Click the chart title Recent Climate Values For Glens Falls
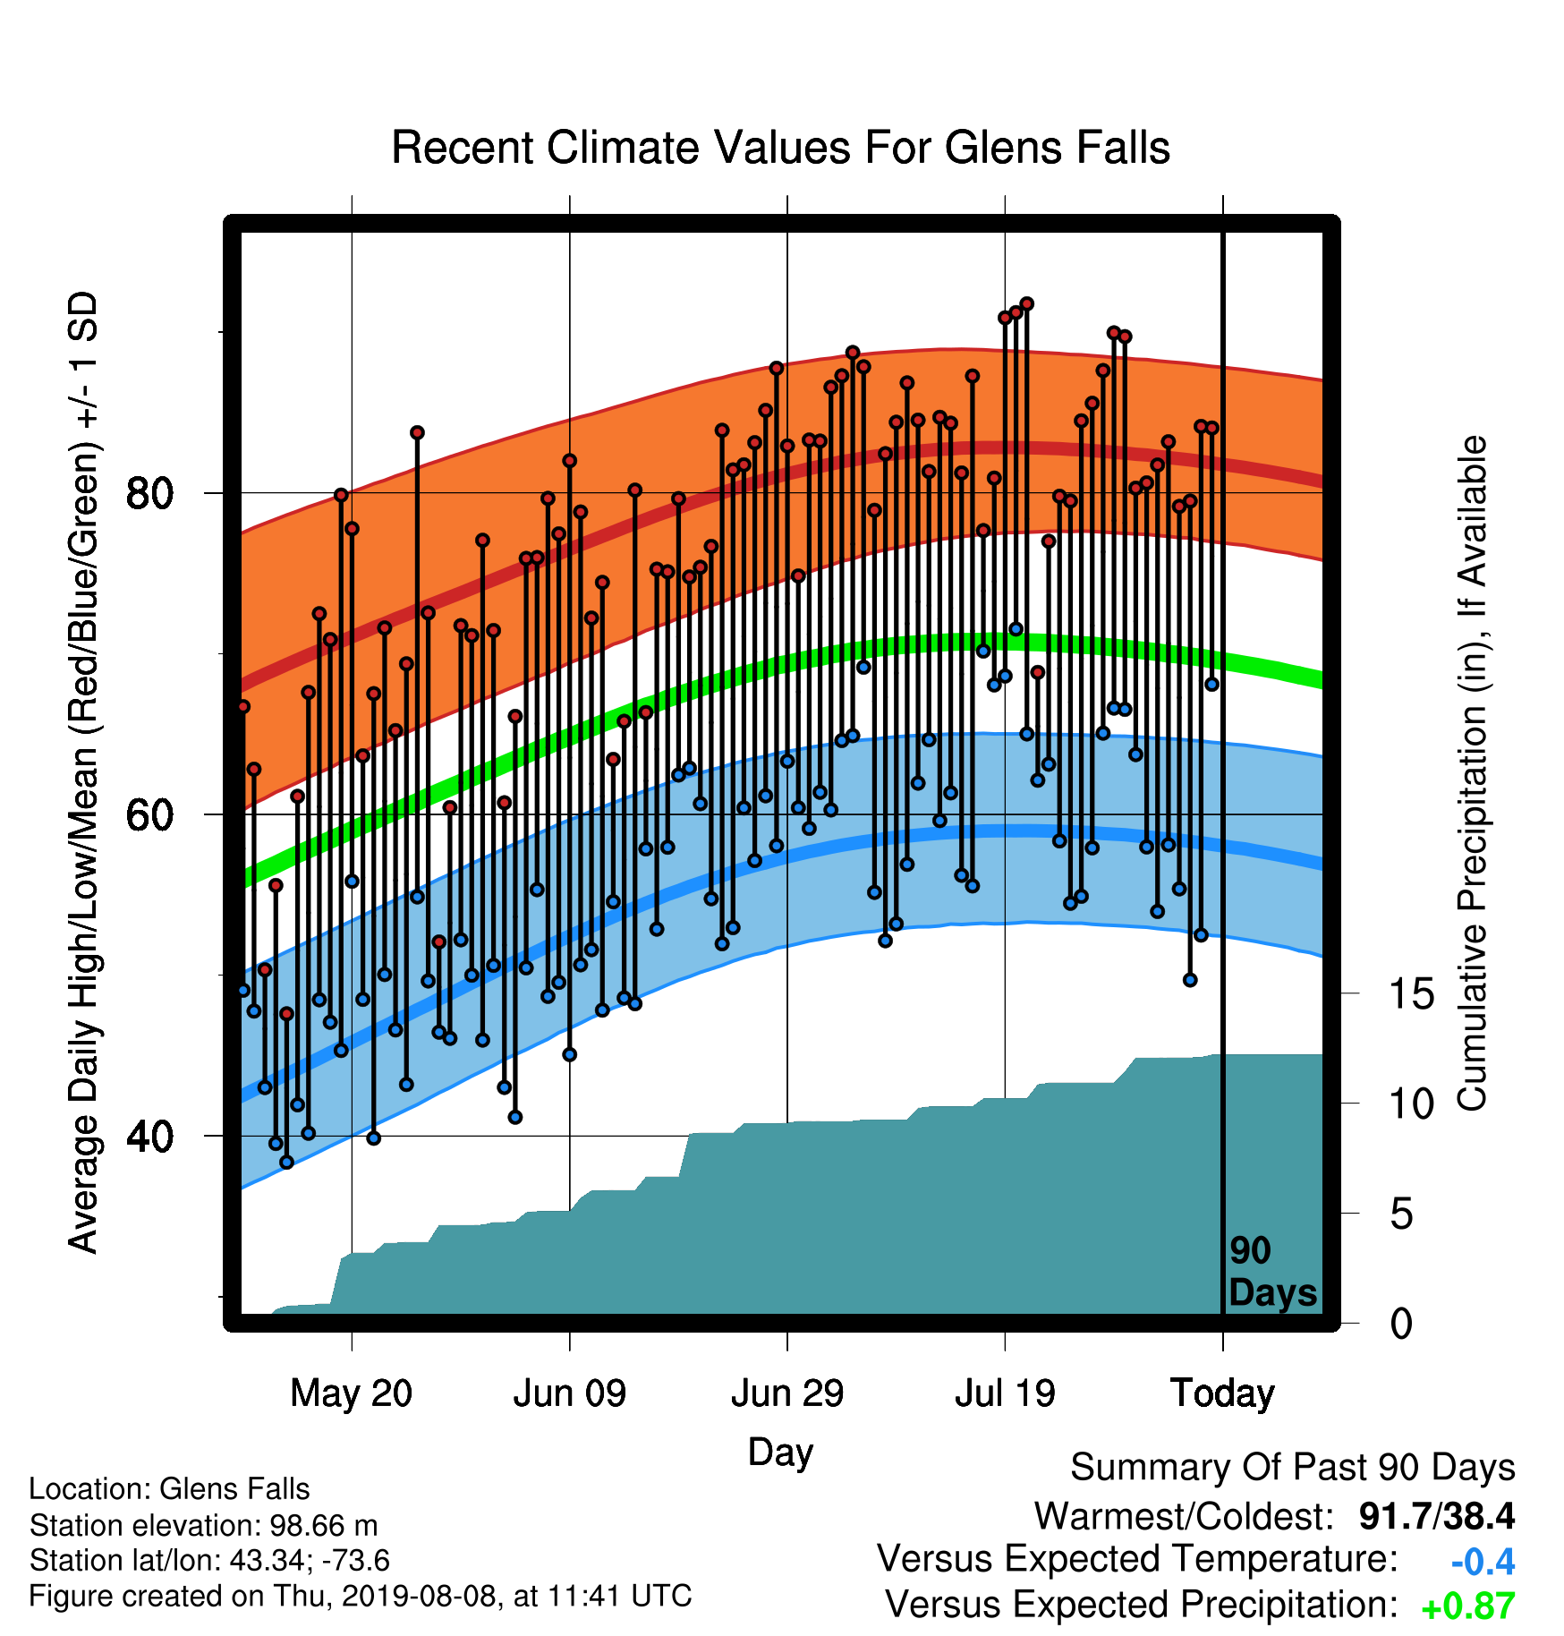click(781, 148)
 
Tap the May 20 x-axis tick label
click(352, 1393)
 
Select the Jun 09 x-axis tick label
click(570, 1393)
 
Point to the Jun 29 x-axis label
click(787, 1393)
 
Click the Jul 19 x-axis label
click(1005, 1393)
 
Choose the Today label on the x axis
click(1222, 1393)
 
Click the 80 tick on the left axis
click(149, 493)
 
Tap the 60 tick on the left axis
click(149, 814)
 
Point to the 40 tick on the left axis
click(149, 1136)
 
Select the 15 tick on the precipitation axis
click(1412, 993)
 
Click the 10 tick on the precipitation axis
click(1412, 1103)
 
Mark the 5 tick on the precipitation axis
click(1402, 1214)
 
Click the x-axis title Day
click(780, 1453)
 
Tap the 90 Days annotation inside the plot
click(1272, 1272)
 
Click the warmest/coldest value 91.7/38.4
click(1437, 1516)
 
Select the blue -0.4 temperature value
click(1483, 1562)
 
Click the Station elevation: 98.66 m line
click(203, 1525)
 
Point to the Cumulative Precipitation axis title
click(1472, 774)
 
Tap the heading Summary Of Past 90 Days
click(1293, 1469)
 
